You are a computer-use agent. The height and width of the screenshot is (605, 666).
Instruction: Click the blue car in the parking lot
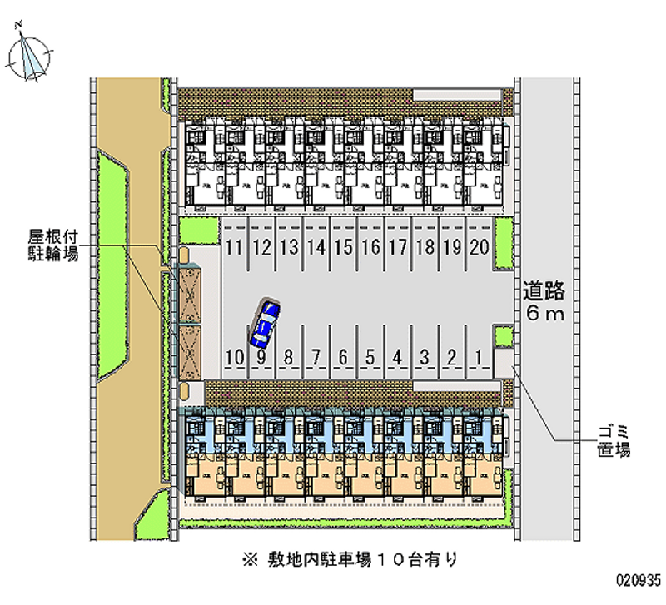pos(264,323)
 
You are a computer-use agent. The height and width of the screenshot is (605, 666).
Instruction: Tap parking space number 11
pos(234,246)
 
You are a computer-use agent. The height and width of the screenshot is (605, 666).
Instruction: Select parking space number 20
pos(478,246)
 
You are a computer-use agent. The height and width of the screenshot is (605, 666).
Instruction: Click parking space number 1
pos(478,359)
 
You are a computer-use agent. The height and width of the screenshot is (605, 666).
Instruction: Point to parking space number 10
pos(234,359)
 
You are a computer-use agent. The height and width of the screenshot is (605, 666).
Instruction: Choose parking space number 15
pos(343,246)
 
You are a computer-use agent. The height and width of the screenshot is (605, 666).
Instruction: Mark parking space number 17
pos(397,246)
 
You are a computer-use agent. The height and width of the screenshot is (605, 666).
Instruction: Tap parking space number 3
pos(424,359)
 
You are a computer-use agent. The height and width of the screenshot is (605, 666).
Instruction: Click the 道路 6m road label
pos(544,302)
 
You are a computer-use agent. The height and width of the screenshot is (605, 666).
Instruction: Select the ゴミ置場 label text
pos(614,440)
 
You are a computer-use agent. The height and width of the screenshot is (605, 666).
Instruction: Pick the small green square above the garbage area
pos(503,335)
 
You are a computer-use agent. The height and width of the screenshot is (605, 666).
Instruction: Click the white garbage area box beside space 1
pos(504,361)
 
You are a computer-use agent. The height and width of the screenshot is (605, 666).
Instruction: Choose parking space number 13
pos(289,246)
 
